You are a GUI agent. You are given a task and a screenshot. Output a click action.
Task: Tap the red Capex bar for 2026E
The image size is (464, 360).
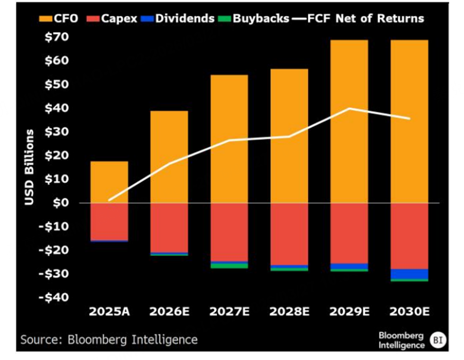[x=169, y=227]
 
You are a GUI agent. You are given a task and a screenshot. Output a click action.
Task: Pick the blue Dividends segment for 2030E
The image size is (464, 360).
[x=409, y=274]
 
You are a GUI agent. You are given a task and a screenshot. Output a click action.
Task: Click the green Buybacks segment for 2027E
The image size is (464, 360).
[x=229, y=266]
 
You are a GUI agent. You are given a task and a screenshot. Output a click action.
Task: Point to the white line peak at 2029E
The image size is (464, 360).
[x=349, y=108]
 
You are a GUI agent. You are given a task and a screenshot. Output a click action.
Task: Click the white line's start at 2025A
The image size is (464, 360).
[x=109, y=200]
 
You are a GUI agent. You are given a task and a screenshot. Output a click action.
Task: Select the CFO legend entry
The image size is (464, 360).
[x=58, y=19]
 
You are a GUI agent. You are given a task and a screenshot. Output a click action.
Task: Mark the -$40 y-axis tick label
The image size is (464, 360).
[x=57, y=297]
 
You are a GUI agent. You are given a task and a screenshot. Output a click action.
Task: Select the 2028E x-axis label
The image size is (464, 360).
[x=290, y=312]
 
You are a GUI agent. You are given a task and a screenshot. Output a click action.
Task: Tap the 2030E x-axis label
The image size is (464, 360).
[x=409, y=312]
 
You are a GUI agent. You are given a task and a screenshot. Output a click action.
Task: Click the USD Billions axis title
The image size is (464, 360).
[x=30, y=166]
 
